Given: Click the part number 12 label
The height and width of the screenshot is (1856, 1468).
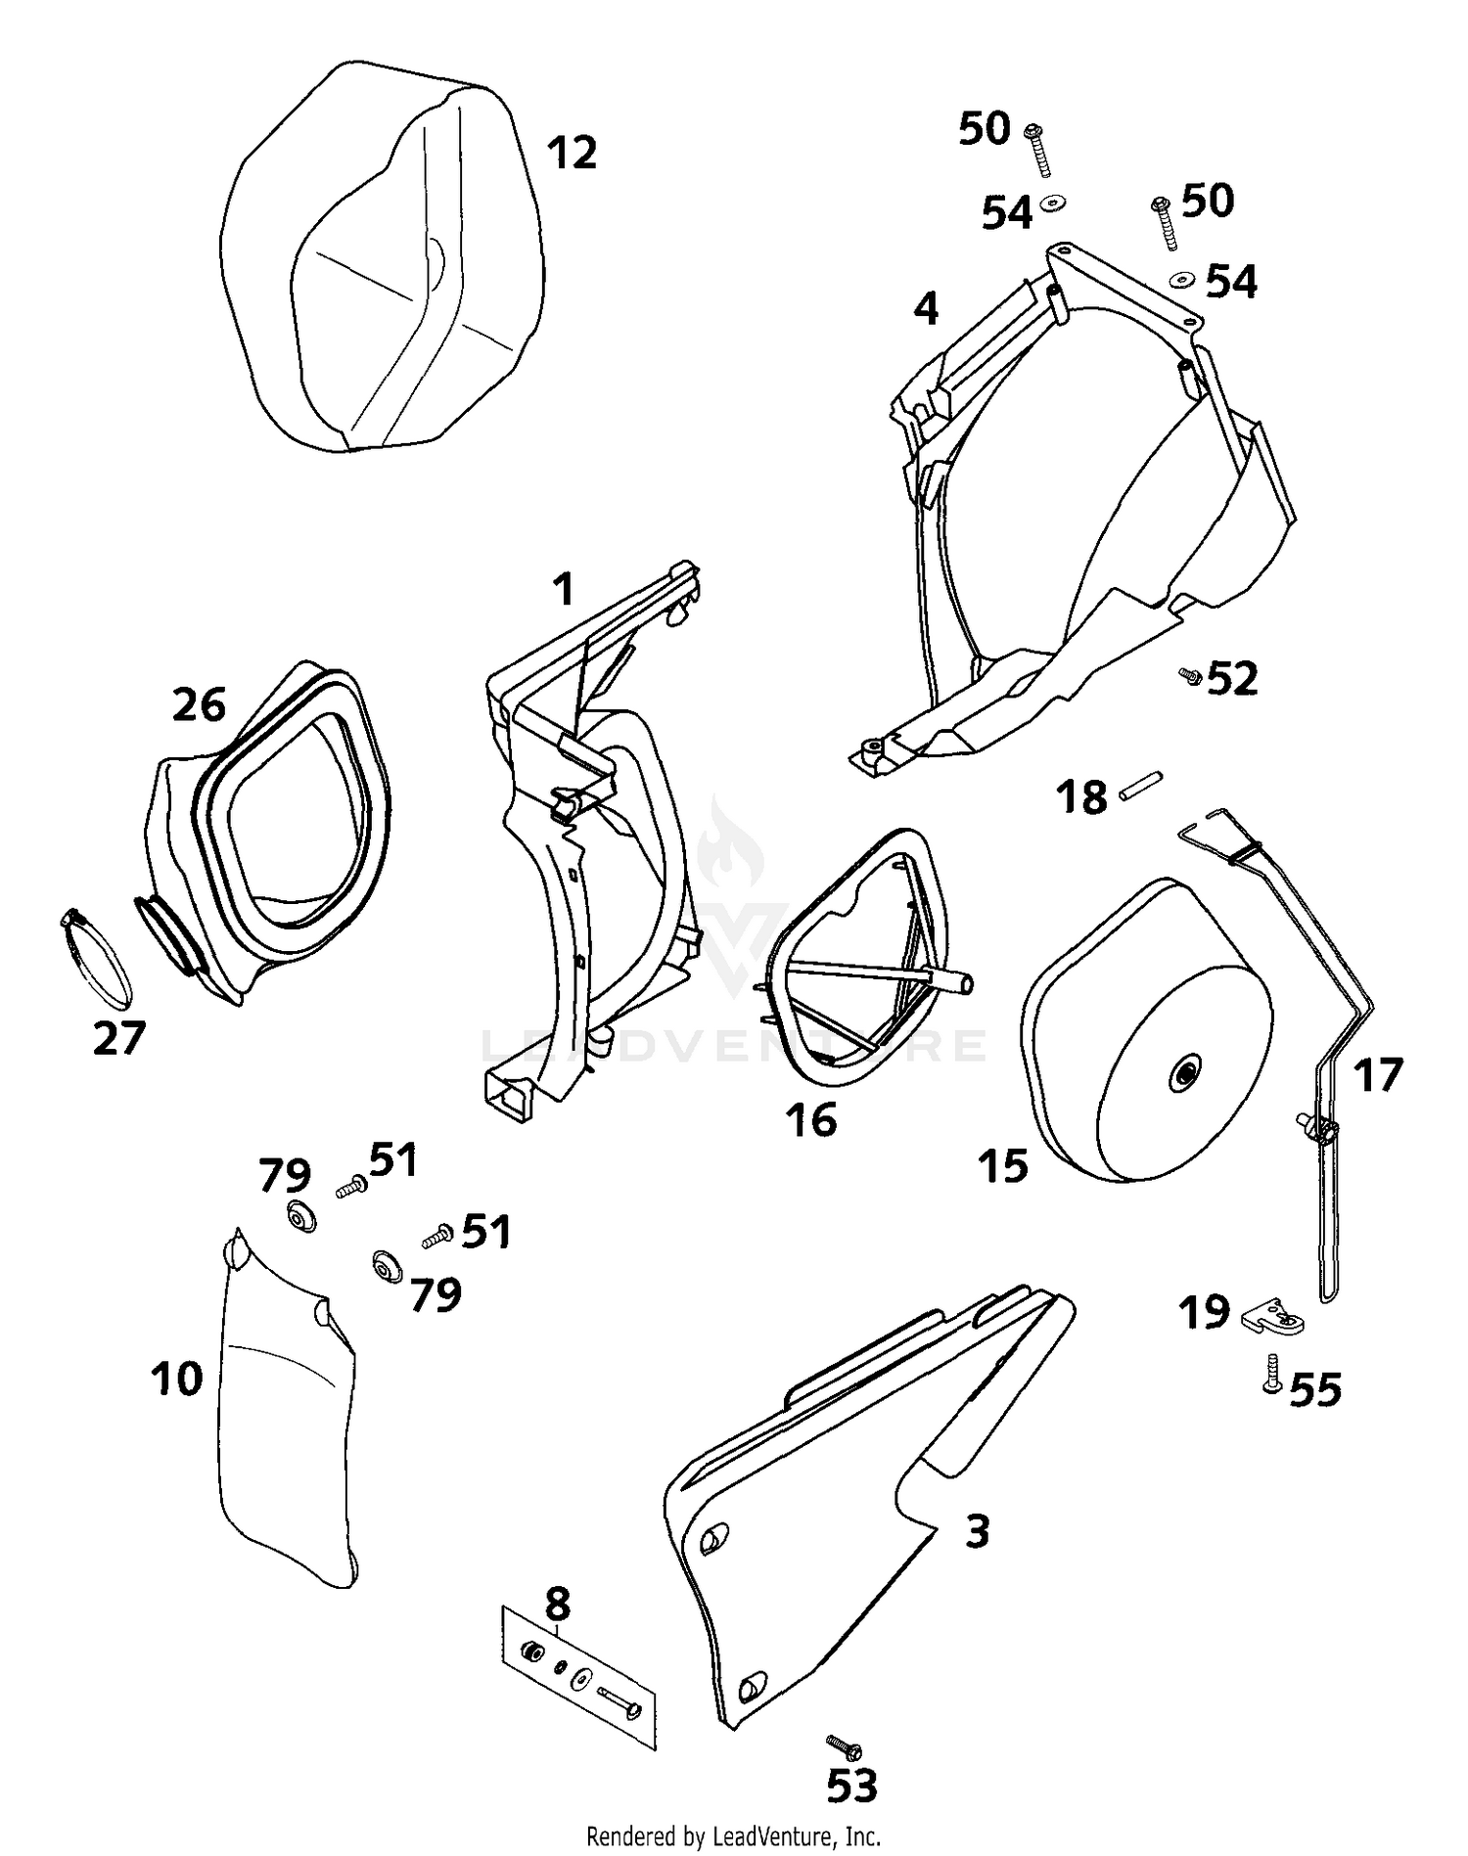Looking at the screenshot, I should [x=572, y=153].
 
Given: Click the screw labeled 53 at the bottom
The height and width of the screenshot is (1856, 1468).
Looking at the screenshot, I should [x=844, y=1744].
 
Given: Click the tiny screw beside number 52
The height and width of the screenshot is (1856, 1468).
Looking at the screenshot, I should [x=1190, y=675].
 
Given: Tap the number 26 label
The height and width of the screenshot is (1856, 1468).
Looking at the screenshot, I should [x=199, y=704].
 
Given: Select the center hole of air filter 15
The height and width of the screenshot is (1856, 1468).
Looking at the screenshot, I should [x=1184, y=1076].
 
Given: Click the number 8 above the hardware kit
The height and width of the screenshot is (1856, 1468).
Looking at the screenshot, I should [x=556, y=1605].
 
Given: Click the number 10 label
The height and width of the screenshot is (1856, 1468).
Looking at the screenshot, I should [x=176, y=1380].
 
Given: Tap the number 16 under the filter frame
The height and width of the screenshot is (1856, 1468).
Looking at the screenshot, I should [x=811, y=1120].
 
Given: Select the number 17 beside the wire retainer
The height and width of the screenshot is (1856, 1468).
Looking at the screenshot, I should [x=1378, y=1075].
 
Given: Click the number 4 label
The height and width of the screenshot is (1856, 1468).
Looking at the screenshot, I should [x=926, y=309].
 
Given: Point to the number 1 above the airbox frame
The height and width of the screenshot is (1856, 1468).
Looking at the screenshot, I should [x=563, y=589].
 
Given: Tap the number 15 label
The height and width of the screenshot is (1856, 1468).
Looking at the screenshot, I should [x=1003, y=1166].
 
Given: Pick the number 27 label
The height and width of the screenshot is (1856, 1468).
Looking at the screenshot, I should [x=119, y=1038].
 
